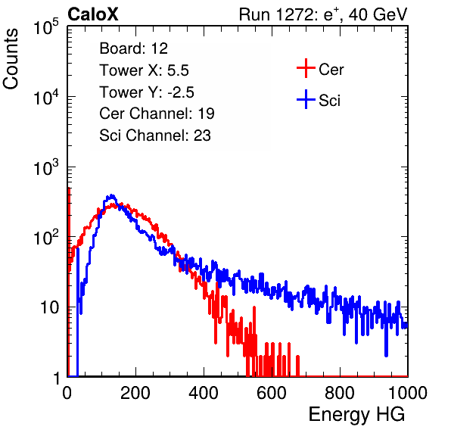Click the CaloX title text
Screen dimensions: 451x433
92,14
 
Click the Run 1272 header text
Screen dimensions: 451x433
323,14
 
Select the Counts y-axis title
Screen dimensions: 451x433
11,59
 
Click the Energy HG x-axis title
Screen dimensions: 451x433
356,415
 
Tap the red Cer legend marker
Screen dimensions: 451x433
306,68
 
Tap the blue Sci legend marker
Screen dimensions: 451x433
306,100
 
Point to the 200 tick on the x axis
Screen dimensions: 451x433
135,393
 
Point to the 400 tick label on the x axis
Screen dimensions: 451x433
204,393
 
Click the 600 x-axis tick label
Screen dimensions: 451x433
272,393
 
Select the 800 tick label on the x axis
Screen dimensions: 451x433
340,393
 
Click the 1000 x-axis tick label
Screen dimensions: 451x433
408,393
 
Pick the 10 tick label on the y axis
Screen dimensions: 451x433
49,307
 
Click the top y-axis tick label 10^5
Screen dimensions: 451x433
46,26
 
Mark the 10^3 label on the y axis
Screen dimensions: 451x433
46,167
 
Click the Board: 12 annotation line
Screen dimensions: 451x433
133,48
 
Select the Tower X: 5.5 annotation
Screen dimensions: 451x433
144,70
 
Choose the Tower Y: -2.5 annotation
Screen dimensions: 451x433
147,92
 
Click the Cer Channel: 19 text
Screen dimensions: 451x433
157,114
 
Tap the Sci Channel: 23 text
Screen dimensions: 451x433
155,136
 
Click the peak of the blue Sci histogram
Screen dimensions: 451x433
112,195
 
